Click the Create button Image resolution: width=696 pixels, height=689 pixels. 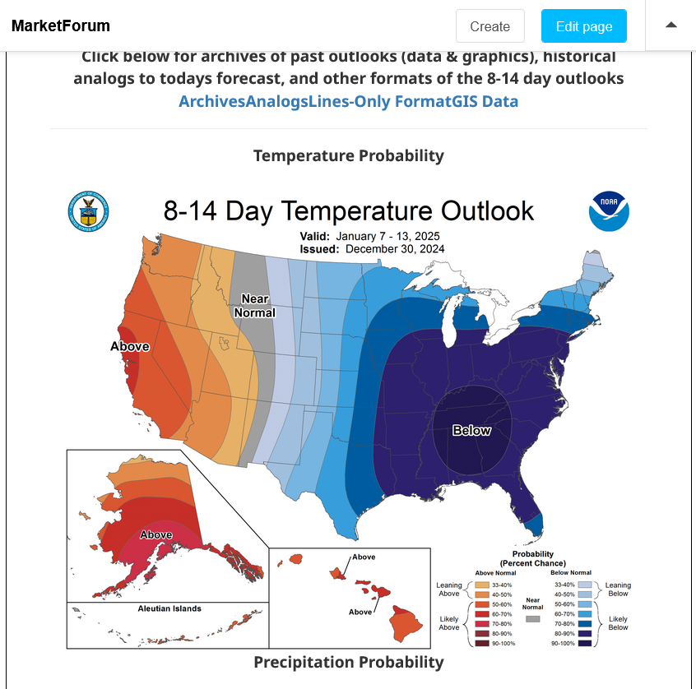tap(490, 26)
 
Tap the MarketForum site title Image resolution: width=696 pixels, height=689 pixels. tap(61, 25)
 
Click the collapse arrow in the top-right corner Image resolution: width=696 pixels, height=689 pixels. tap(671, 25)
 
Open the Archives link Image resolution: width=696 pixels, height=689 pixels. tap(211, 101)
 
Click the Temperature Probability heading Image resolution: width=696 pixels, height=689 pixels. tap(349, 155)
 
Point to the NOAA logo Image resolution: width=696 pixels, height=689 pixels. tap(609, 211)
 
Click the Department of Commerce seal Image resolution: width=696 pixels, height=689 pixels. tap(88, 211)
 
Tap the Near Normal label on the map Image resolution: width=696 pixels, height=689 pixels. tap(255, 306)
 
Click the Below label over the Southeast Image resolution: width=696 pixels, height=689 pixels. tap(471, 430)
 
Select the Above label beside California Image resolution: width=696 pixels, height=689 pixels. tap(130, 346)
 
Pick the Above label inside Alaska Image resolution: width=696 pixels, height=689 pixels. tap(156, 534)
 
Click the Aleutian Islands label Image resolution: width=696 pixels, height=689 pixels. tap(169, 608)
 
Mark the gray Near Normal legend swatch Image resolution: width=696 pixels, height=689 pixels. tap(532, 619)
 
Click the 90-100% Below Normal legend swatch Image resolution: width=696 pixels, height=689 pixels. tap(585, 643)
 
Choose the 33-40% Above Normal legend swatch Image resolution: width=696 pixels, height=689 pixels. tap(482, 585)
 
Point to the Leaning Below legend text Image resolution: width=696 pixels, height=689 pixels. tap(618, 590)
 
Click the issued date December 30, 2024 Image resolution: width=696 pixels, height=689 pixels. tap(395, 249)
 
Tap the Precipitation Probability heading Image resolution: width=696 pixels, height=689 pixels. tap(349, 662)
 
